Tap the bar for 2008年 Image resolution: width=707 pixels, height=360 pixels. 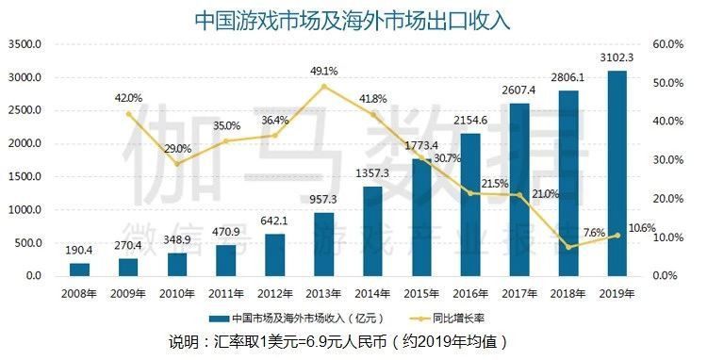[x=80, y=270]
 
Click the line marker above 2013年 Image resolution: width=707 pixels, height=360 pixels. [x=323, y=87]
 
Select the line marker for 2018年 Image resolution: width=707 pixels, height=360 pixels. [x=567, y=247]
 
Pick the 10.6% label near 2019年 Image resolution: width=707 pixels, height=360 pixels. [x=642, y=227]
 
